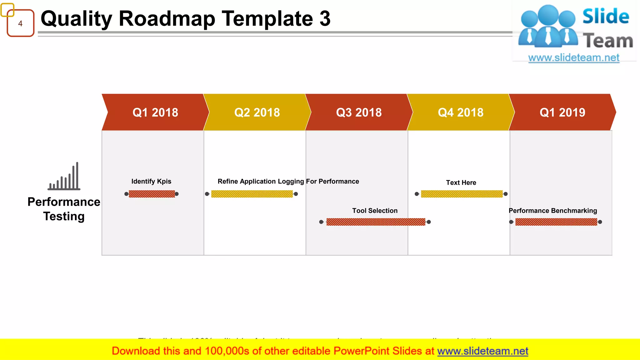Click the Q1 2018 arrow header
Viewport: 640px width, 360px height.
click(155, 112)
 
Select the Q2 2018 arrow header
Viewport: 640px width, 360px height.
click(257, 112)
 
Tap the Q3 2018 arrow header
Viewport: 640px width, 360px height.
click(359, 112)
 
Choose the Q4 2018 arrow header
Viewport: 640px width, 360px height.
click(461, 112)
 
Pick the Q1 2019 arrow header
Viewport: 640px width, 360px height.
click(562, 112)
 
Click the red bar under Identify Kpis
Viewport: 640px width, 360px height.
click(152, 194)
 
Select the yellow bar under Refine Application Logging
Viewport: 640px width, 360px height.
click(252, 194)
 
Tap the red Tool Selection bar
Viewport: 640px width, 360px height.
click(376, 222)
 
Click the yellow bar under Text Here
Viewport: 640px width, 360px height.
click(462, 194)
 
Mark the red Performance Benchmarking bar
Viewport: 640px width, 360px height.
click(556, 222)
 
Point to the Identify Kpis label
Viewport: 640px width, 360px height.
click(151, 181)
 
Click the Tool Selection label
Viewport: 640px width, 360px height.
click(375, 211)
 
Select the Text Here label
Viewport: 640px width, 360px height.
click(461, 182)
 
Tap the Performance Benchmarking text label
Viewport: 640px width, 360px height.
click(552, 211)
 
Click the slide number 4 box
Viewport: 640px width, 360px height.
click(20, 23)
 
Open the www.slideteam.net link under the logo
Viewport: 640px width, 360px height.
click(574, 57)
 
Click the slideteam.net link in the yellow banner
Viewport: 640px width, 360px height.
click(482, 351)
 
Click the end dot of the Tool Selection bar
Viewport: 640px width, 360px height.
click(429, 222)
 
